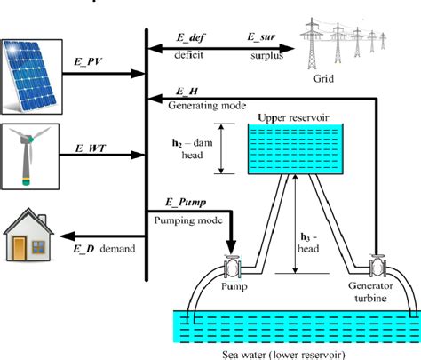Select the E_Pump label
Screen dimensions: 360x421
click(x=175, y=203)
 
